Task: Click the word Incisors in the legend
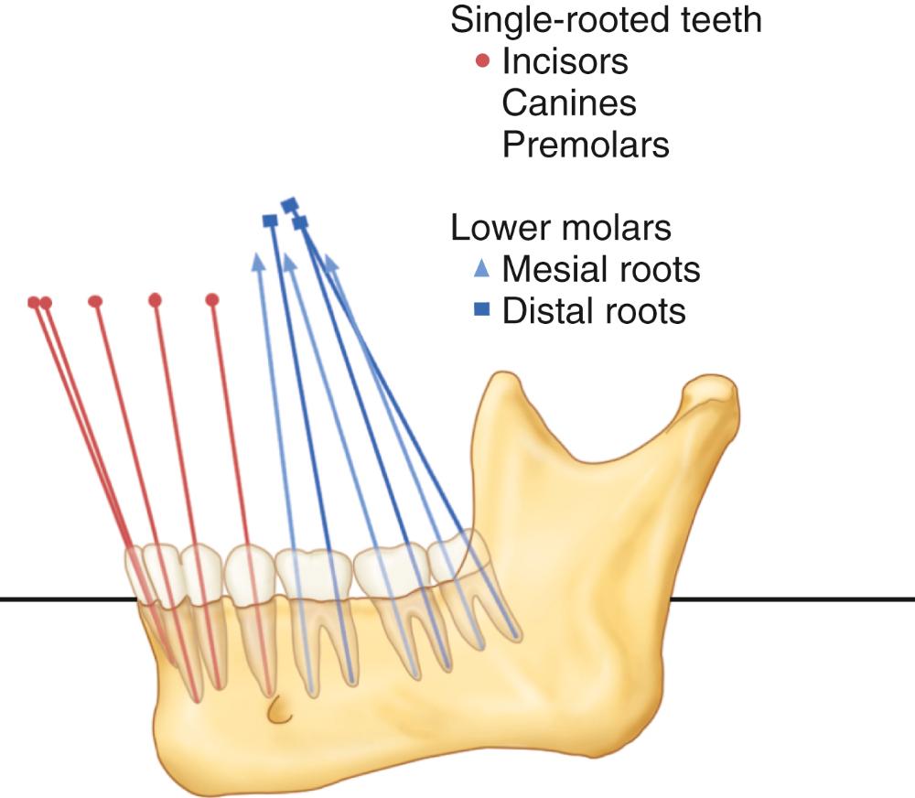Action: click(x=565, y=62)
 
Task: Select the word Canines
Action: click(x=568, y=103)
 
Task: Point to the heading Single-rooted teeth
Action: click(x=606, y=21)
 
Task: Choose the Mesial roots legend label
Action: click(x=600, y=269)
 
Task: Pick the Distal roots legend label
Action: click(x=593, y=311)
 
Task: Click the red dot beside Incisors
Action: click(x=484, y=62)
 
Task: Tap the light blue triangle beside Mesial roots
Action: click(x=484, y=269)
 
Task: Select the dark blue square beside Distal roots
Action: click(x=484, y=311)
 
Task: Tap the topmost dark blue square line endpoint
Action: click(x=290, y=203)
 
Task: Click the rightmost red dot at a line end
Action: click(x=212, y=299)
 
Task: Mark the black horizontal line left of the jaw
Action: click(x=64, y=599)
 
